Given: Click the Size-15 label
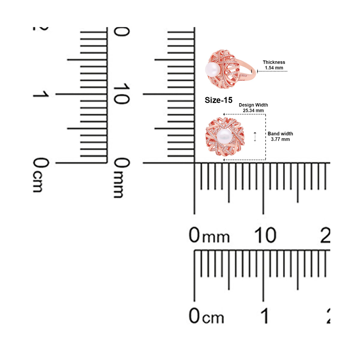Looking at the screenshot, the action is point(218,100).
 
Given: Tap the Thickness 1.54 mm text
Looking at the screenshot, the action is point(274,65).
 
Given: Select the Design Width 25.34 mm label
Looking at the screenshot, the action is point(253,108).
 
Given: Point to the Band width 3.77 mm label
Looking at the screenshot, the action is point(280,136).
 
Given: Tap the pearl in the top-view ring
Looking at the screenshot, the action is point(224,136).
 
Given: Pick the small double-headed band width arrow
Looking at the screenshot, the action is point(255,136).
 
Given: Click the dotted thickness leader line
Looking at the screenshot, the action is point(272,71).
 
